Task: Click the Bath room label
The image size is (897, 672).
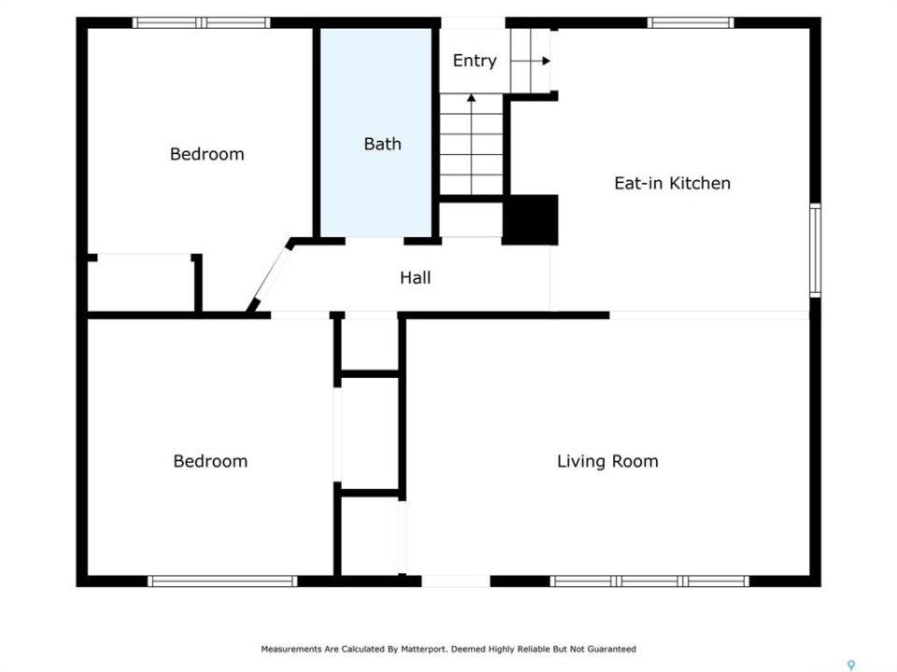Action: [382, 144]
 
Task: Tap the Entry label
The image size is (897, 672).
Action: [475, 61]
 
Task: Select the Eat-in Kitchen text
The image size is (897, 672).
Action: [672, 183]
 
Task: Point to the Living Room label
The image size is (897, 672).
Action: [607, 461]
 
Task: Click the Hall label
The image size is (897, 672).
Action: [415, 278]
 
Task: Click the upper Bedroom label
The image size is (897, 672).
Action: [207, 154]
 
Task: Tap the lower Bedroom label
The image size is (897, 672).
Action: [210, 461]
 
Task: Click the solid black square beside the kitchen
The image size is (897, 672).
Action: [531, 220]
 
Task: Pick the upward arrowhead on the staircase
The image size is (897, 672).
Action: [471, 98]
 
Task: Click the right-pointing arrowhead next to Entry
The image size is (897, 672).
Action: [547, 61]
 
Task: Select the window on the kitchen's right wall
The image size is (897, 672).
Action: [815, 250]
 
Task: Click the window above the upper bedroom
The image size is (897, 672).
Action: [202, 22]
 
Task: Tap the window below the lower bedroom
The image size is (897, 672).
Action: [222, 581]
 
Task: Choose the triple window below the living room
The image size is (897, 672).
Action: [650, 581]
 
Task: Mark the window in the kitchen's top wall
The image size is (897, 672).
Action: [691, 22]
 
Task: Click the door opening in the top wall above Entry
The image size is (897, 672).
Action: [473, 22]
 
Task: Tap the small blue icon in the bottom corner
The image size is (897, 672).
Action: [851, 665]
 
